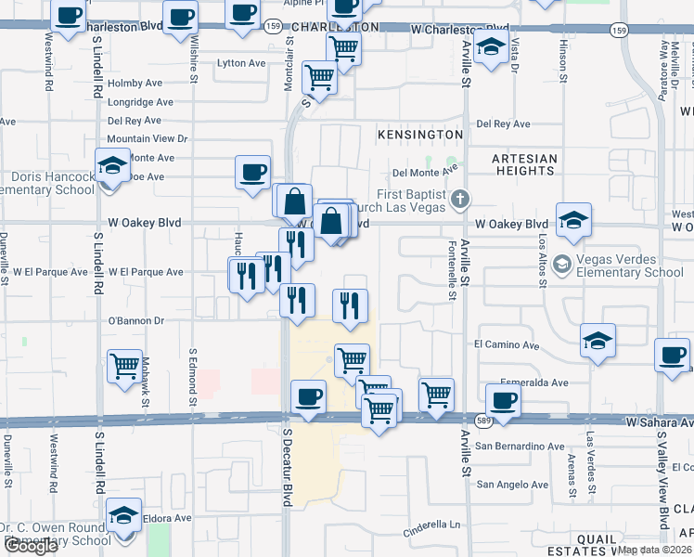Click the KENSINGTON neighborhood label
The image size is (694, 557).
pos(419,135)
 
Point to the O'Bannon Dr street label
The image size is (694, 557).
pos(136,321)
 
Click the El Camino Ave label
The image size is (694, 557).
pos(507,344)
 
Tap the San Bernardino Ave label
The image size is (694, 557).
pos(520,447)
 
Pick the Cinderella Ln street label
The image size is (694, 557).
pos(431,533)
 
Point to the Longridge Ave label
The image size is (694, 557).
pos(140,102)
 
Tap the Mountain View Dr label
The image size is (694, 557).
pos(148,138)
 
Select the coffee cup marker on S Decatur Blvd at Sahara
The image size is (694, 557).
pos(308,396)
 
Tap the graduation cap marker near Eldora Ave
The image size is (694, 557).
pos(123,514)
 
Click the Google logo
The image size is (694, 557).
pos(31,546)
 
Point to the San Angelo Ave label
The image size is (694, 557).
pos(512,485)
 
